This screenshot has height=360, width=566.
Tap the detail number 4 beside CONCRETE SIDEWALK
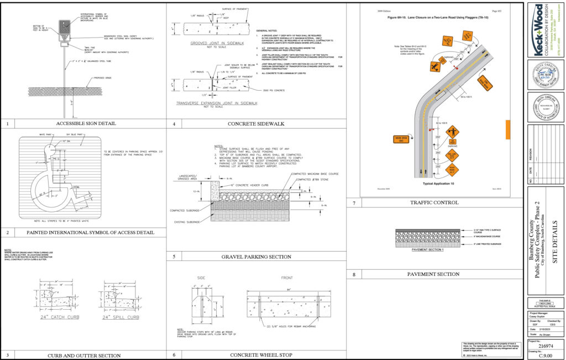pos(174,124)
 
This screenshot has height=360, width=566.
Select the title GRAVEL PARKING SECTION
pos(256,257)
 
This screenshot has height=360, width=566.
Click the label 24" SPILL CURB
pos(119,317)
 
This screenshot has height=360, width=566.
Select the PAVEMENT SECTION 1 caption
pos(413,251)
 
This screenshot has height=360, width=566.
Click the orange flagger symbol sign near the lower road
pos(453,132)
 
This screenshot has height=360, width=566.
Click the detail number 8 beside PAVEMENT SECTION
pos(354,274)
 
